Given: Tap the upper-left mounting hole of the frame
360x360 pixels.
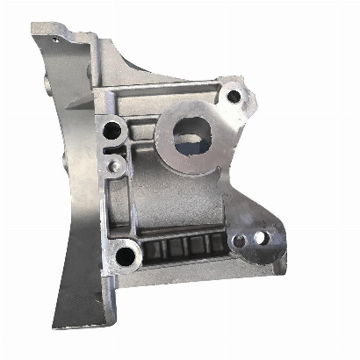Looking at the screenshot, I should coord(112,133).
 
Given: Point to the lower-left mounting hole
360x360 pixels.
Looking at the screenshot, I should coord(126,257).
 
